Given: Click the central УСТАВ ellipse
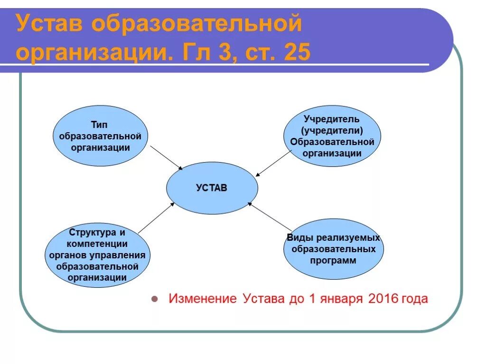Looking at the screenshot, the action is click(x=212, y=188).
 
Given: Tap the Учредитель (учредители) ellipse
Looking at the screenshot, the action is click(x=332, y=136).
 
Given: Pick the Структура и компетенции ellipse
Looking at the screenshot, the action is click(x=97, y=255).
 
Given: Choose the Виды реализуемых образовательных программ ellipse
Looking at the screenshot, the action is click(x=333, y=249).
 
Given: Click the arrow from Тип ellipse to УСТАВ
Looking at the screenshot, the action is click(x=166, y=157).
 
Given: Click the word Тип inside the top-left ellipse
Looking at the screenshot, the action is click(x=100, y=125).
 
